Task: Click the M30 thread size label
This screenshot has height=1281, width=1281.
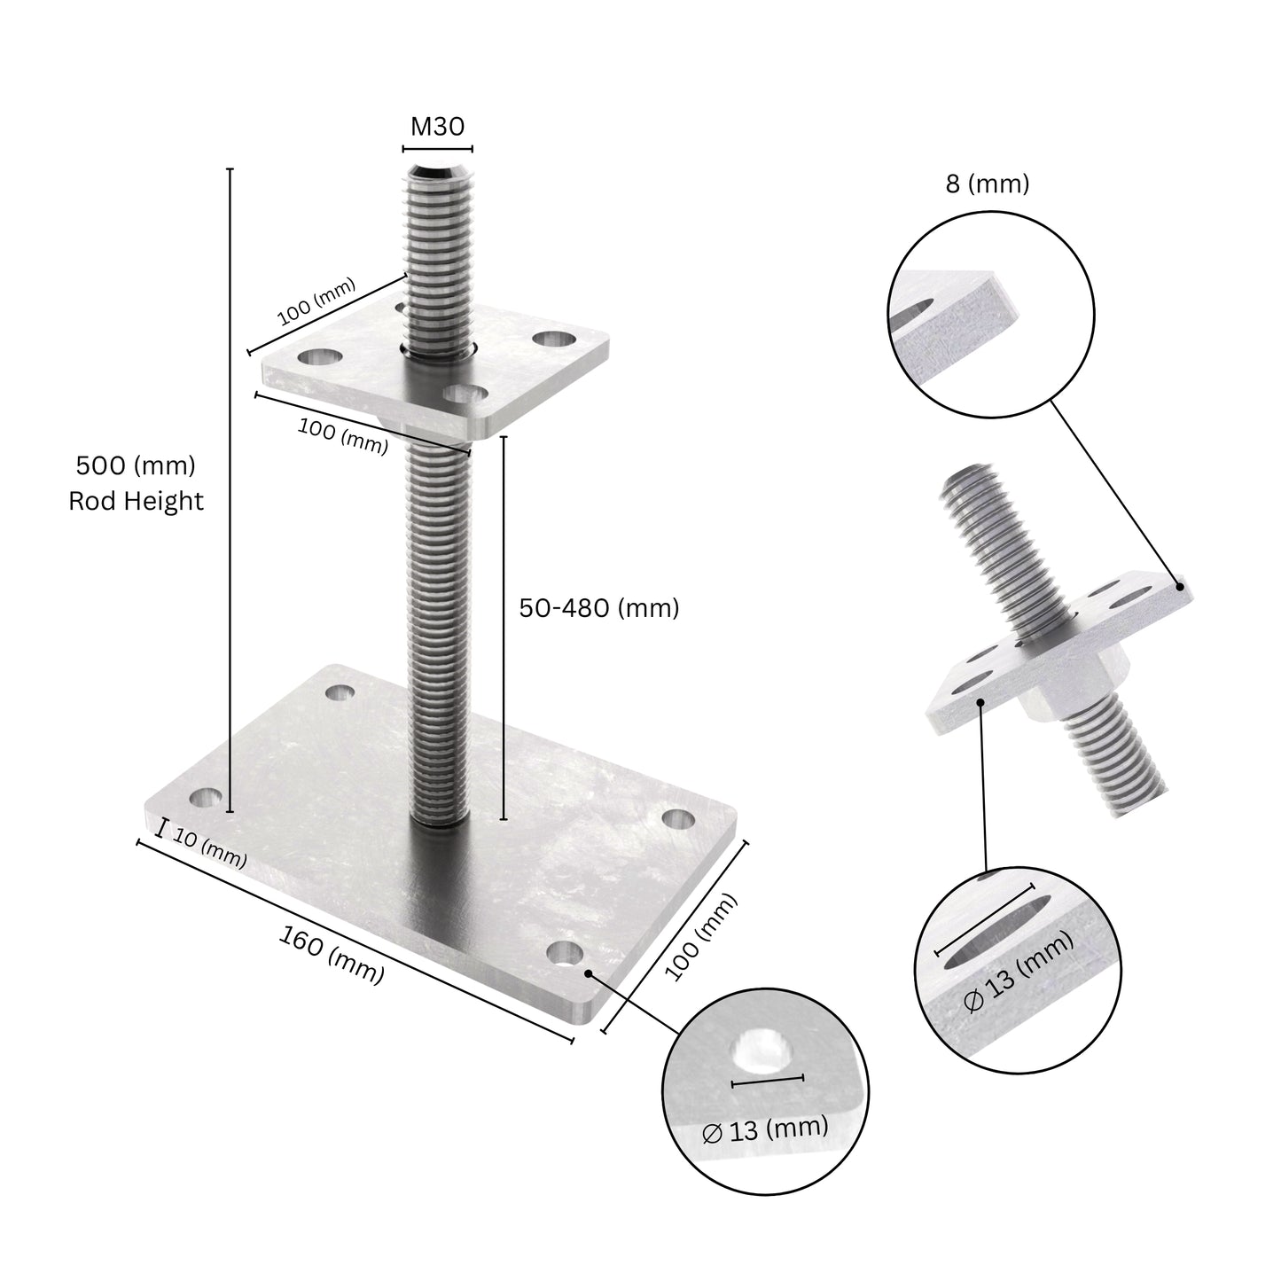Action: point(437,127)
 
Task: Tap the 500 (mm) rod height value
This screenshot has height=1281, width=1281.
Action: point(136,465)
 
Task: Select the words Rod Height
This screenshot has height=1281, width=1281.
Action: point(136,502)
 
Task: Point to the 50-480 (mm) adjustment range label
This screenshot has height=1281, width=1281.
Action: point(598,608)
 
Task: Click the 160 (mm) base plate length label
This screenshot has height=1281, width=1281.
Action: point(332,954)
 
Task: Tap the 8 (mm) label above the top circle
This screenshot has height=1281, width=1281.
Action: point(988,184)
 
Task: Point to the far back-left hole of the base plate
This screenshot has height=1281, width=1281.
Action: point(340,691)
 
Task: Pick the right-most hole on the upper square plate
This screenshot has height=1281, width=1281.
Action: point(556,340)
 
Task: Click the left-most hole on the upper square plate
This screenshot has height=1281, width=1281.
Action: point(320,357)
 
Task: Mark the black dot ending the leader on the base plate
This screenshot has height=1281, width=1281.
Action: point(589,972)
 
